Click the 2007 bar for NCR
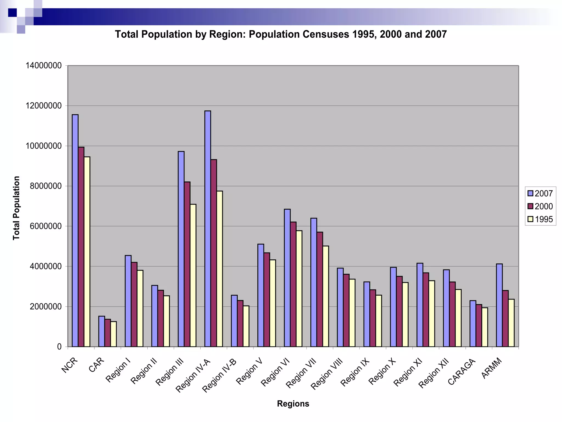pyautogui.click(x=75, y=231)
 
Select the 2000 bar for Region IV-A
pyautogui.click(x=214, y=253)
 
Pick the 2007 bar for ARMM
pyautogui.click(x=499, y=305)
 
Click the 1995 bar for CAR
pyautogui.click(x=114, y=334)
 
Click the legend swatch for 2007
pyautogui.click(x=530, y=193)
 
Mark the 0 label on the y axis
pyautogui.click(x=59, y=347)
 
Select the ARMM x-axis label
pyautogui.click(x=492, y=368)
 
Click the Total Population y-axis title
pyautogui.click(x=16, y=208)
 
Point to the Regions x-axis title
pyautogui.click(x=293, y=404)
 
